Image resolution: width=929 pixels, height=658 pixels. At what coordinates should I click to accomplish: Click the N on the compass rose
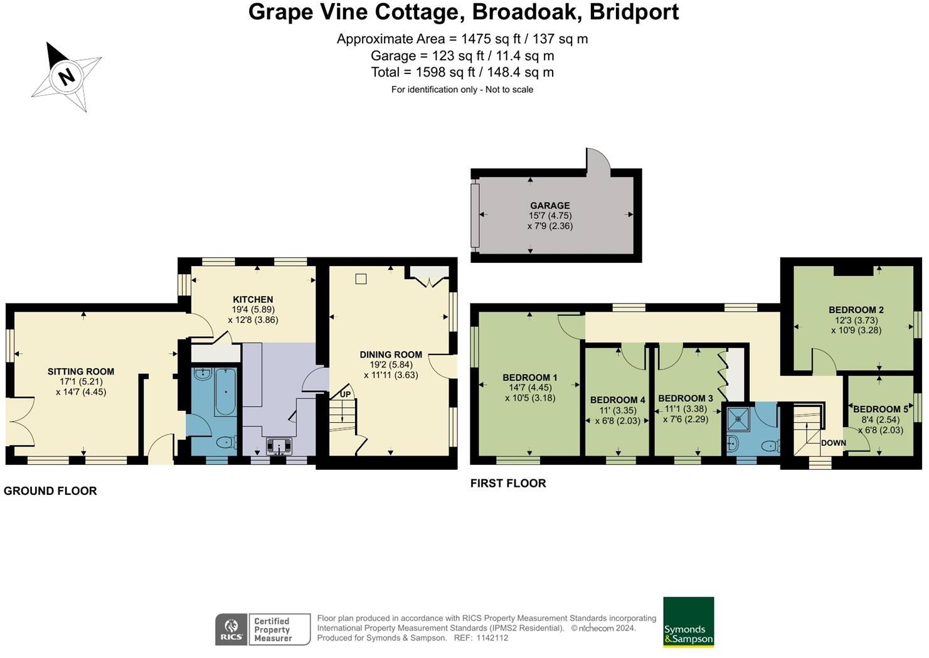[66, 77]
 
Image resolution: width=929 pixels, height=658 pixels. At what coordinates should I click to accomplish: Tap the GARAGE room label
[549, 206]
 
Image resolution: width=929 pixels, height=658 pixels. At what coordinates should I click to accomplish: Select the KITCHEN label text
[253, 300]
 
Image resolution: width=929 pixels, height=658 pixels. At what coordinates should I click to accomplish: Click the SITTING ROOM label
[81, 371]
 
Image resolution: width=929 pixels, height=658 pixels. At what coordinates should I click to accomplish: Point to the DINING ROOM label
[391, 354]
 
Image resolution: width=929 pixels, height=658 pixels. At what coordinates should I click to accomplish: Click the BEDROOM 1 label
[529, 378]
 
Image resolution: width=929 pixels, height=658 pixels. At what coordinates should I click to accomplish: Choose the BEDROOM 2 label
[856, 310]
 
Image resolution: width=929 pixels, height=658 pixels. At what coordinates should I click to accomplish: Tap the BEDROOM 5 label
[880, 409]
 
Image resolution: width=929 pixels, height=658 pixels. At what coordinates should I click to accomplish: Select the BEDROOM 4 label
[617, 400]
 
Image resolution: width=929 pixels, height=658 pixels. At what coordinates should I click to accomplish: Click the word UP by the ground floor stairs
[346, 395]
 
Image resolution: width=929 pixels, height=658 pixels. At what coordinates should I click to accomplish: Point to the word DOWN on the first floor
[833, 443]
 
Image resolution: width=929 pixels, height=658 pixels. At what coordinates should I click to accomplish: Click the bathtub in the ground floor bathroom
[225, 393]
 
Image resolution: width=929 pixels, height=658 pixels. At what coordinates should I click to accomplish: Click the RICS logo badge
[231, 629]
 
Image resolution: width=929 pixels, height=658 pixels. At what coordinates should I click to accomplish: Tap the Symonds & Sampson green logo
[688, 622]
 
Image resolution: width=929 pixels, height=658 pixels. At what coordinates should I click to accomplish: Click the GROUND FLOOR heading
[50, 491]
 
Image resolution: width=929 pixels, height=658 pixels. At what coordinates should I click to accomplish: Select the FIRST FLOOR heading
[508, 484]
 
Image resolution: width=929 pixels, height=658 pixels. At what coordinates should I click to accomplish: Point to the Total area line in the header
[462, 72]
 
